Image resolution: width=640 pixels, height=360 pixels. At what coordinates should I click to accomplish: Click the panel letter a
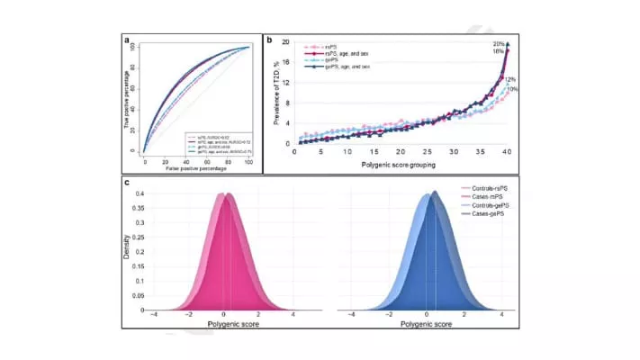(x=127, y=40)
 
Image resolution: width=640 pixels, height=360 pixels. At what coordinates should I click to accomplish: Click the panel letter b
(x=268, y=40)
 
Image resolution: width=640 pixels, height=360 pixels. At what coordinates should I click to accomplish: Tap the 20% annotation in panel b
(x=497, y=44)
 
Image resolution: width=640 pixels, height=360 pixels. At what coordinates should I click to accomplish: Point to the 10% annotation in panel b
(x=512, y=89)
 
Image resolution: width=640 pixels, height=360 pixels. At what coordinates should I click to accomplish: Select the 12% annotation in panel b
(x=509, y=79)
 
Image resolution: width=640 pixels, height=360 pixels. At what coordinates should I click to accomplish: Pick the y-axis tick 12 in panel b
(x=288, y=83)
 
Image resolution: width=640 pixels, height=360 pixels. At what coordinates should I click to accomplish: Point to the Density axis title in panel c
(x=127, y=247)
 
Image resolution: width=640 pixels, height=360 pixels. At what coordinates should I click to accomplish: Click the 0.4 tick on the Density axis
(x=140, y=192)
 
